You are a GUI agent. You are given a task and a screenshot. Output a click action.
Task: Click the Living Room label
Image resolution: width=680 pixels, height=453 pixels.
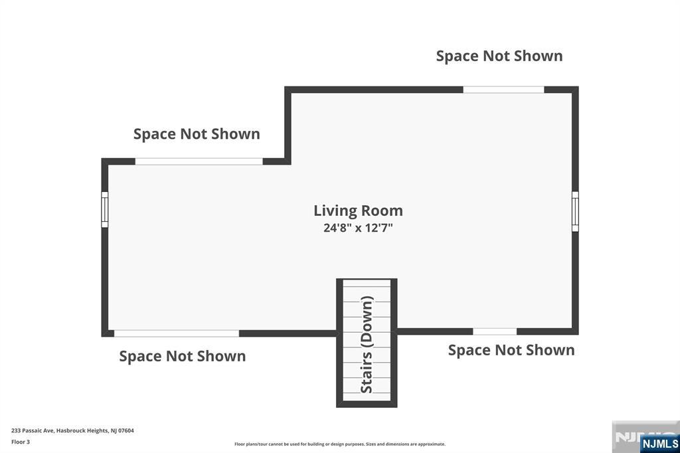[x=358, y=211]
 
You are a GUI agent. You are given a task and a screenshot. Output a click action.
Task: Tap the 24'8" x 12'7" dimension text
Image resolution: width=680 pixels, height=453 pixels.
[x=358, y=228]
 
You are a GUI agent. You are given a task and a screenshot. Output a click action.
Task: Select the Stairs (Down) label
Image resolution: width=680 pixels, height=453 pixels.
[x=367, y=345]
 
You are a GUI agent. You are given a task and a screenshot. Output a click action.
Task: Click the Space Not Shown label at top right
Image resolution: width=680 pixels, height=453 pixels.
[x=499, y=56]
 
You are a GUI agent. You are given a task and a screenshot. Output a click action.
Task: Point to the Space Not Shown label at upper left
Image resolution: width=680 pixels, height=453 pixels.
[x=197, y=134]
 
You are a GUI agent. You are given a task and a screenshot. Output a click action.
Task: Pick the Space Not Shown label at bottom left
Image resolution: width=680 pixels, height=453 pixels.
[x=182, y=356]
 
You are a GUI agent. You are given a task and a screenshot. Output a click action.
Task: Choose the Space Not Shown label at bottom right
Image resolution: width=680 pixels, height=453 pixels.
[x=511, y=350]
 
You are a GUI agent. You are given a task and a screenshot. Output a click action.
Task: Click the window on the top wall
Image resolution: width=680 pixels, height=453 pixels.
[x=503, y=90]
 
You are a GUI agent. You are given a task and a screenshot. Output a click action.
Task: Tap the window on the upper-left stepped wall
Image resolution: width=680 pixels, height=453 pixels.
[x=199, y=161]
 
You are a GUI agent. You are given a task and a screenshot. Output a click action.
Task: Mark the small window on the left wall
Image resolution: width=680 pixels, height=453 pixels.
[x=104, y=209]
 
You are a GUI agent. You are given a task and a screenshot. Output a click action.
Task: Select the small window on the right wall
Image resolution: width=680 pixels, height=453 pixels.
[x=575, y=211]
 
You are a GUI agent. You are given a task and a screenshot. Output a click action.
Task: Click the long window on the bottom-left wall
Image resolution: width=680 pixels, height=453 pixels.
[x=176, y=333]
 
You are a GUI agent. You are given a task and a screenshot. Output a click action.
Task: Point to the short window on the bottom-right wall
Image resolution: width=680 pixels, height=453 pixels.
[x=495, y=331]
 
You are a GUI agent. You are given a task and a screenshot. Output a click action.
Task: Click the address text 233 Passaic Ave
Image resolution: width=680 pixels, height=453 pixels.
[x=72, y=430]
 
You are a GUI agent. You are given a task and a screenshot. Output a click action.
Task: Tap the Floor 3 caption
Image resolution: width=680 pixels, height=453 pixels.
[x=21, y=442]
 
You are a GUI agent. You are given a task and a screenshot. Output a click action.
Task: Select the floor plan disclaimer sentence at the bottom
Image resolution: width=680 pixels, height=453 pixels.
[x=339, y=444]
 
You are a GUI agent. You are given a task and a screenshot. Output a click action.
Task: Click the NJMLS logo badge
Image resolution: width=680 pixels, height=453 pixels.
[x=659, y=444]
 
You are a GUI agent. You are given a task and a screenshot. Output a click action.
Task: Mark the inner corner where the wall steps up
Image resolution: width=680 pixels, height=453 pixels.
[x=288, y=161]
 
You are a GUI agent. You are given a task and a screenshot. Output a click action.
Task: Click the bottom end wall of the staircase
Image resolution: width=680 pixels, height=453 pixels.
[x=367, y=404]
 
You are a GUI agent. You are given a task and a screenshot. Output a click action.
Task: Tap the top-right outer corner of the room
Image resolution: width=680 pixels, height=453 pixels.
[x=575, y=90]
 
